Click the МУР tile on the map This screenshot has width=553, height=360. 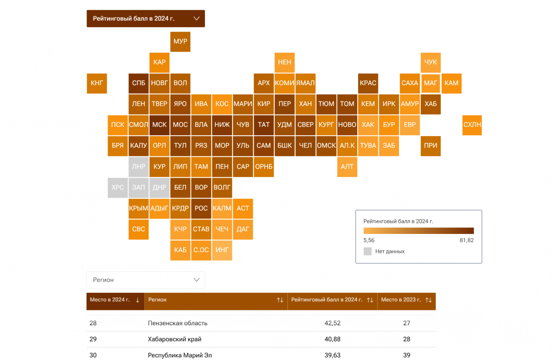(x=180, y=42)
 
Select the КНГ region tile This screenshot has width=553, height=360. (x=97, y=83)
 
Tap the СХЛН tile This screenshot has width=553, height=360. (x=472, y=125)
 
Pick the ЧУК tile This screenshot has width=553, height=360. (x=431, y=62)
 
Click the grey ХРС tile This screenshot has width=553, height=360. (x=118, y=187)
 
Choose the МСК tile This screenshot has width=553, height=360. (x=159, y=125)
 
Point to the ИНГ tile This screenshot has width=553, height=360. (x=222, y=250)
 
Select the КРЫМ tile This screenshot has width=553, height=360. (x=138, y=208)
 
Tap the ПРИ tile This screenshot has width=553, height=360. (x=431, y=145)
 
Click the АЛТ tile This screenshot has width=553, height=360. (x=347, y=166)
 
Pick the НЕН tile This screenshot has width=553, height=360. (x=284, y=62)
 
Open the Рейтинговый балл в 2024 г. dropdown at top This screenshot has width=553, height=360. (x=146, y=18)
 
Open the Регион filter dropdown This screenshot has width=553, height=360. (x=146, y=280)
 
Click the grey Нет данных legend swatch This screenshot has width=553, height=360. (x=368, y=252)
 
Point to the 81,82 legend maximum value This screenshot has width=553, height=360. (x=467, y=241)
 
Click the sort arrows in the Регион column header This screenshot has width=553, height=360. (x=280, y=300)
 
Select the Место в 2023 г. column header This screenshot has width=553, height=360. (x=401, y=300)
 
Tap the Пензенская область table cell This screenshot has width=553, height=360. (x=178, y=323)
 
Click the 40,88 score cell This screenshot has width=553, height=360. (x=332, y=339)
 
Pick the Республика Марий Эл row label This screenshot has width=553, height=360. (x=180, y=355)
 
